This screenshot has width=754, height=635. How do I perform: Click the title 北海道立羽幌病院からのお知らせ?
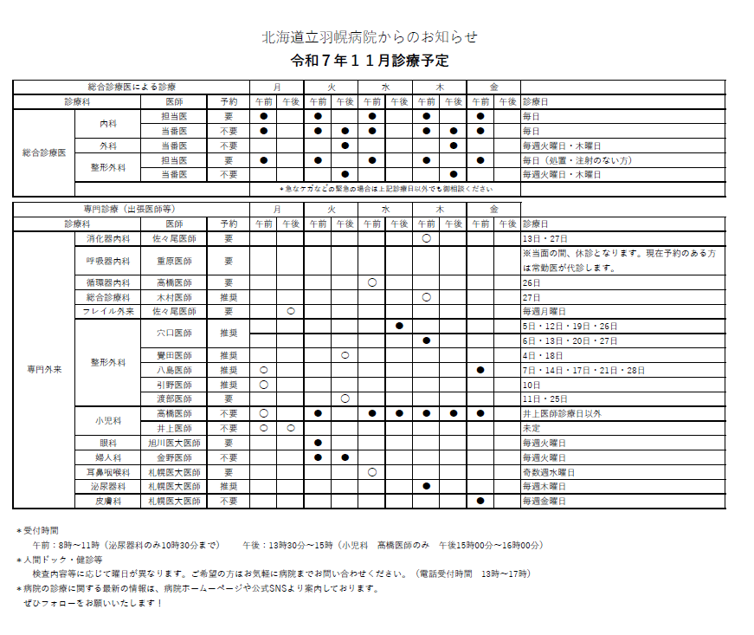(x=370, y=37)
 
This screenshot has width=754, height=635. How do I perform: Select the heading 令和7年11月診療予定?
(x=370, y=62)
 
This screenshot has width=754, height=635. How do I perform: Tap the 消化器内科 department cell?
(x=108, y=238)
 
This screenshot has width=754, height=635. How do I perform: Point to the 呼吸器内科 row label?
(x=108, y=261)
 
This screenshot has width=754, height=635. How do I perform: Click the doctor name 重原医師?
(x=174, y=261)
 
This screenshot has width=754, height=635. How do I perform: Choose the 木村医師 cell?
(x=174, y=297)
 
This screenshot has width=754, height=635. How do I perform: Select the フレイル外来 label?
(x=108, y=311)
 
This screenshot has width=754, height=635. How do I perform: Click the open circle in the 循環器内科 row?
(x=372, y=282)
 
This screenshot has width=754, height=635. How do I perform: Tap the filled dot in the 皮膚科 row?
(x=480, y=501)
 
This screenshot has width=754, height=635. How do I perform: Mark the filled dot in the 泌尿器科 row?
(x=426, y=486)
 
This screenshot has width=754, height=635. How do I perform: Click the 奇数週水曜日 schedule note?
(x=549, y=472)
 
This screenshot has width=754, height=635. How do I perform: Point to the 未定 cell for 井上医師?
(x=532, y=428)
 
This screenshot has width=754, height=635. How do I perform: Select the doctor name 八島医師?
(x=174, y=370)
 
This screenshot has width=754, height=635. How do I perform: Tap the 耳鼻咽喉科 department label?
(x=108, y=472)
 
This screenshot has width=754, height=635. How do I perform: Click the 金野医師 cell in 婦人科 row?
(x=174, y=457)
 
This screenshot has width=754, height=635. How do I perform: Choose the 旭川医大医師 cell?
(x=174, y=443)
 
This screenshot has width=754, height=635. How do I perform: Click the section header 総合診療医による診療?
(x=132, y=87)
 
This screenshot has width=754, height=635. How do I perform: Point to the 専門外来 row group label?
(x=44, y=370)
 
